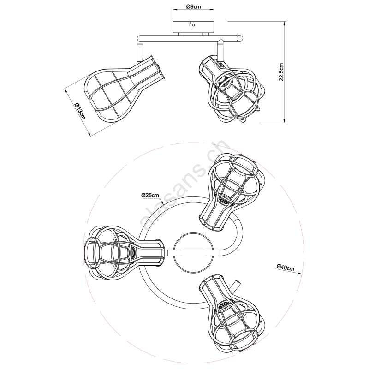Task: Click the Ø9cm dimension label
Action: [x=193, y=7]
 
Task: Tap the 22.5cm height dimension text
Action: [x=281, y=72]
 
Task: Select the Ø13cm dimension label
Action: [x=79, y=111]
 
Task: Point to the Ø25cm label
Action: [x=150, y=195]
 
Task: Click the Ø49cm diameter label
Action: [x=285, y=268]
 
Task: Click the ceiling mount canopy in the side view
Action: [x=193, y=27]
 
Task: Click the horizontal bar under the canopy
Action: [x=190, y=38]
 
